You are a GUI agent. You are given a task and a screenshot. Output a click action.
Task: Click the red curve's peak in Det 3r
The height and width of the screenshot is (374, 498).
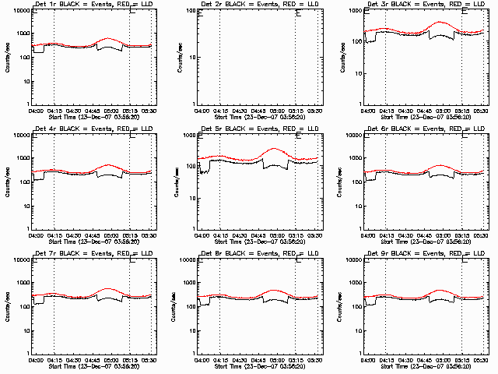(x=442, y=23)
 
